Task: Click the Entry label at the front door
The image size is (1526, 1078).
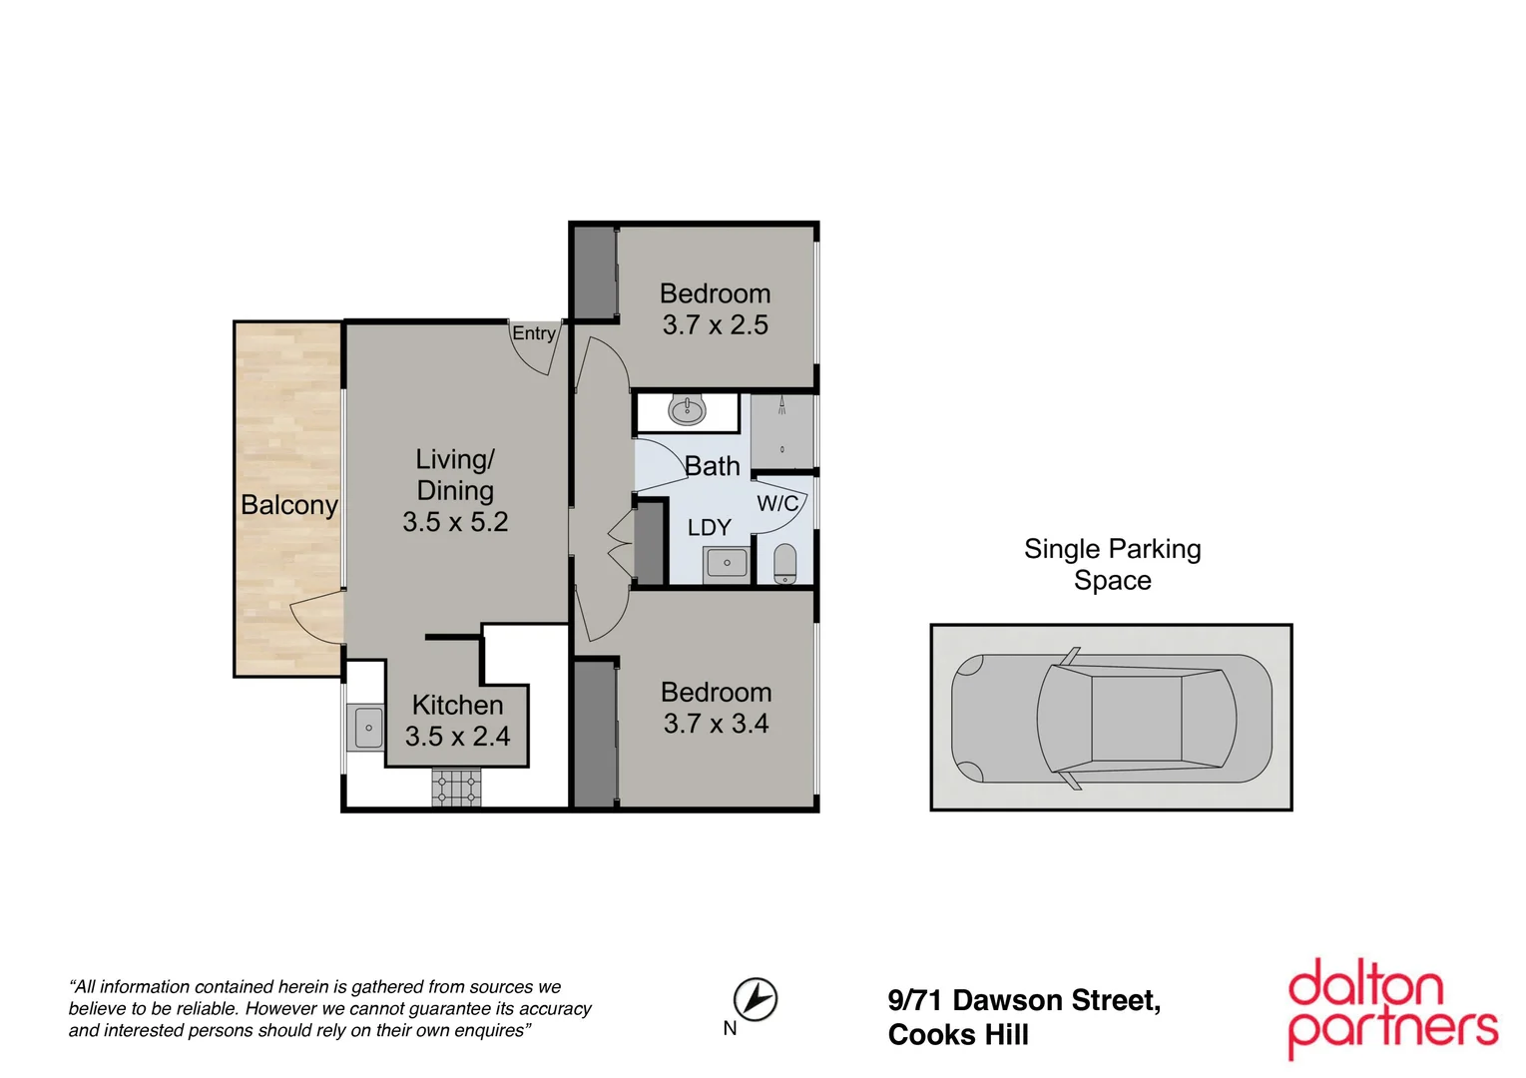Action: click(x=534, y=333)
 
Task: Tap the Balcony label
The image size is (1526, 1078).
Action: click(x=288, y=505)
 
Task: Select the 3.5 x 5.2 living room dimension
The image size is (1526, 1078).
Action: click(x=455, y=522)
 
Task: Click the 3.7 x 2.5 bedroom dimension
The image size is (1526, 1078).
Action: click(x=715, y=325)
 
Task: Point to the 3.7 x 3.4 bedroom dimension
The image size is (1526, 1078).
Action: click(x=716, y=724)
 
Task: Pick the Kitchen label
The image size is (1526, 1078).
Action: click(x=457, y=705)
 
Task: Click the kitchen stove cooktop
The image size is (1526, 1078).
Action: click(x=456, y=787)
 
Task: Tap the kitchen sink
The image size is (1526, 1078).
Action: click(x=366, y=727)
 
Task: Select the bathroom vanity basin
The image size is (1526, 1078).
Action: click(x=687, y=409)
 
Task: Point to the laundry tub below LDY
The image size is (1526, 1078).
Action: click(x=727, y=564)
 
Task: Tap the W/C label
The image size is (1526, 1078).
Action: click(x=776, y=504)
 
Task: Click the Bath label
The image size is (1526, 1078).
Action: click(x=712, y=466)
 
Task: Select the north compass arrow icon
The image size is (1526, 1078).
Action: click(x=756, y=998)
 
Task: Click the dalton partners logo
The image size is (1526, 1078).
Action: click(x=1393, y=1008)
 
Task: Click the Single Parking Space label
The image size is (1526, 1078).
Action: click(x=1112, y=564)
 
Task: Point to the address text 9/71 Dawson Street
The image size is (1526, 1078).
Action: click(x=1024, y=1000)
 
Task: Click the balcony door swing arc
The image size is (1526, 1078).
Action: click(x=314, y=619)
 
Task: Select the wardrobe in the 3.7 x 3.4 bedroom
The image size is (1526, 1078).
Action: click(x=595, y=734)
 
